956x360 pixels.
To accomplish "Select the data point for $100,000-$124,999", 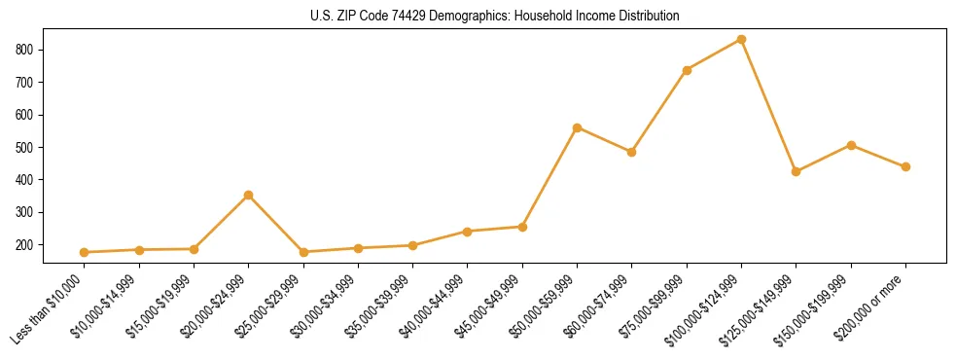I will [x=742, y=40].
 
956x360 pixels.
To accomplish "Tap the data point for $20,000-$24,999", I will [x=249, y=196].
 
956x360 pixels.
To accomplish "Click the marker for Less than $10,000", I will [x=85, y=252].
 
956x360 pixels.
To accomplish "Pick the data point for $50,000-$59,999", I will [x=578, y=127].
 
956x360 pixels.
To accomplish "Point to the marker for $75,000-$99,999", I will [x=688, y=70].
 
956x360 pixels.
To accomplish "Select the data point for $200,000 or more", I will [x=906, y=166].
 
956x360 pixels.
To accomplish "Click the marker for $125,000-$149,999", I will [x=797, y=171].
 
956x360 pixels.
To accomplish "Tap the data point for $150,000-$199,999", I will [x=852, y=145].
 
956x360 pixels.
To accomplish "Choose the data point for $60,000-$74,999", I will [x=632, y=152].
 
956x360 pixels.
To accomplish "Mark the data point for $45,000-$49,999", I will [x=523, y=227].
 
